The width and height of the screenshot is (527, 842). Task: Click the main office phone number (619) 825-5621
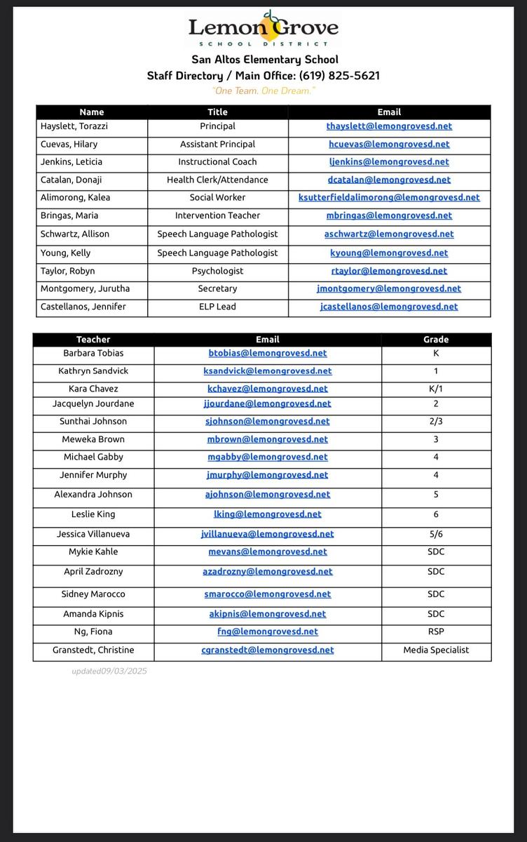pos(339,75)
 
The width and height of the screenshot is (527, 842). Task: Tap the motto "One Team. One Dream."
pos(263,91)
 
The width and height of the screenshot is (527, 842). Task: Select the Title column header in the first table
pos(217,112)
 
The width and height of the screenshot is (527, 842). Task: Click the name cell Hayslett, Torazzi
pos(74,126)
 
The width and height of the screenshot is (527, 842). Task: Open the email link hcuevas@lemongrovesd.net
pos(389,144)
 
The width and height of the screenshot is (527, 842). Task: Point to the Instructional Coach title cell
pos(217,162)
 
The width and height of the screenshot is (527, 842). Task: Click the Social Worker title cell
pos(217,198)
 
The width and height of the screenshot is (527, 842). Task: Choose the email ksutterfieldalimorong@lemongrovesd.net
pos(389,198)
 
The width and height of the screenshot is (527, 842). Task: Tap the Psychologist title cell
pos(217,271)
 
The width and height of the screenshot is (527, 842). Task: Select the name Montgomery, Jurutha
pos(85,288)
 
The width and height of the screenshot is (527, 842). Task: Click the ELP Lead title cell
pos(217,307)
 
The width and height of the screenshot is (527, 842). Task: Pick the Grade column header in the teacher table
pos(436,340)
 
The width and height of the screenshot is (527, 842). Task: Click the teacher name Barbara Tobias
pos(93,353)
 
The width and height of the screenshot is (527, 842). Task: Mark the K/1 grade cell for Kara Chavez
pos(436,389)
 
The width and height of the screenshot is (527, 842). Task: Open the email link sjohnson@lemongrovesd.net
pos(267,422)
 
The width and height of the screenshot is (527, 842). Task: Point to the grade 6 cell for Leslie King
pos(436,514)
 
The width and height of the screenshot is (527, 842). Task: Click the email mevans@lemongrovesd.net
pos(267,552)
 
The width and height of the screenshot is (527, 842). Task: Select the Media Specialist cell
pos(436,650)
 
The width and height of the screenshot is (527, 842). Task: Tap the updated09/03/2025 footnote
pos(109,671)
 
